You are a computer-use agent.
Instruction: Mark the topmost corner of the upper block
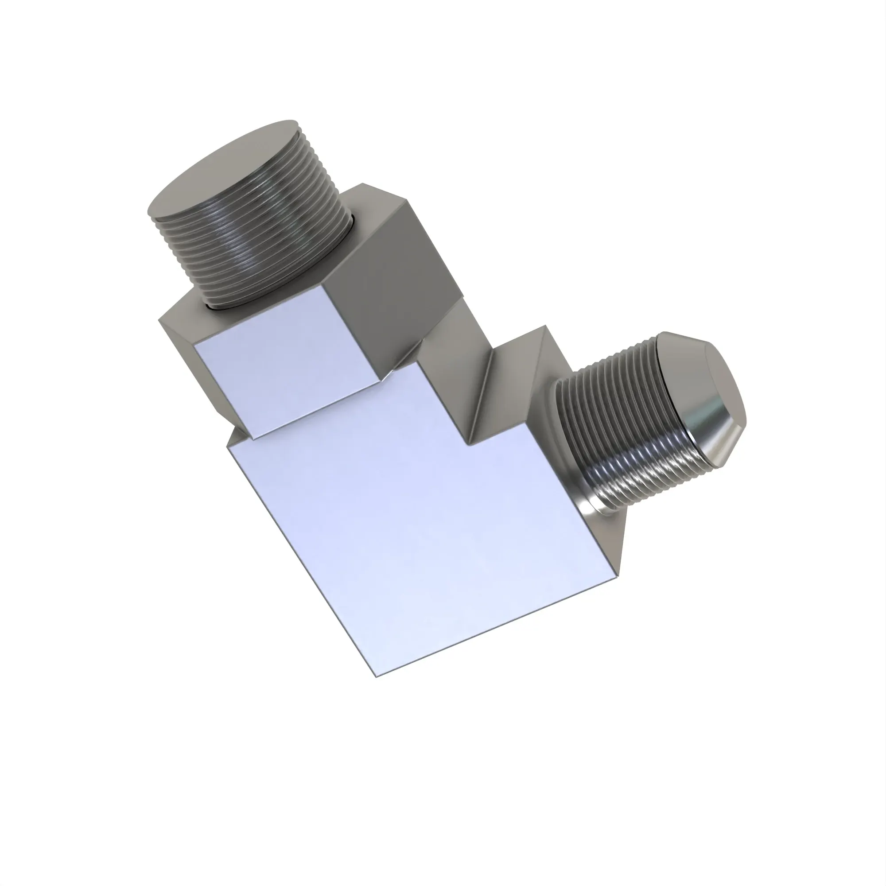363,184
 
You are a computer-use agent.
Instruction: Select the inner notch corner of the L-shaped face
468,444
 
